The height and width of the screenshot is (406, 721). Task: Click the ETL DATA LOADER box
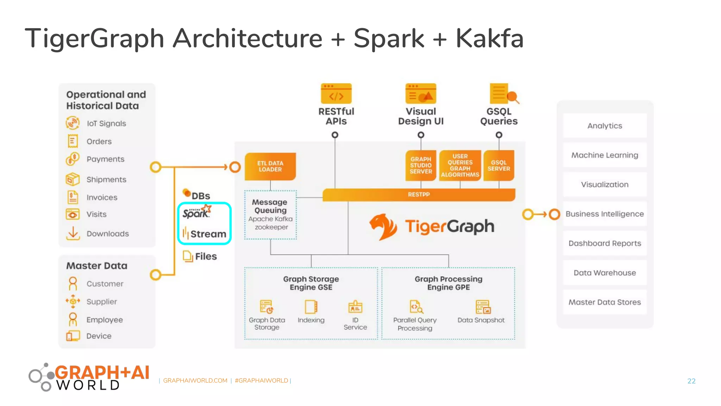tap(270, 166)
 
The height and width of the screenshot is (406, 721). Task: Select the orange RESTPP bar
tap(419, 195)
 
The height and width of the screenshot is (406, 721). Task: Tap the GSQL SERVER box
tap(499, 166)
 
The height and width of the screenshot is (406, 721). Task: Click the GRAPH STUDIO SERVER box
tap(421, 166)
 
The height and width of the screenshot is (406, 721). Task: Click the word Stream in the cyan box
tap(208, 234)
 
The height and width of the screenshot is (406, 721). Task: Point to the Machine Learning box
tap(604, 155)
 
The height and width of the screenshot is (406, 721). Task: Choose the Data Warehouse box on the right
tap(604, 273)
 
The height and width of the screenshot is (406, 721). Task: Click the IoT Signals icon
tap(73, 123)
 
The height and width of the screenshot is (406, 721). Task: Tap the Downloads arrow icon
tap(73, 233)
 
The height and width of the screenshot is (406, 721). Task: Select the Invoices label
tap(102, 197)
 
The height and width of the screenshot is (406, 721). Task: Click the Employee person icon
tap(73, 319)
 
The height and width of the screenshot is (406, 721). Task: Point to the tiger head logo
tap(383, 227)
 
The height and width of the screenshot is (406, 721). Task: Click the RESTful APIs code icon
tap(336, 94)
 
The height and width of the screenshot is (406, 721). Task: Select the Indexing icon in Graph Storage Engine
tap(311, 307)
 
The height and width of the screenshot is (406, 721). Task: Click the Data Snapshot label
tap(481, 320)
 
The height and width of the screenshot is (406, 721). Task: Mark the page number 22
tap(691, 381)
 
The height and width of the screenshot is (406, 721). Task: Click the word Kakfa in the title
tap(489, 38)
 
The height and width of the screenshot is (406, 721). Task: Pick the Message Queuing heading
tap(270, 206)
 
